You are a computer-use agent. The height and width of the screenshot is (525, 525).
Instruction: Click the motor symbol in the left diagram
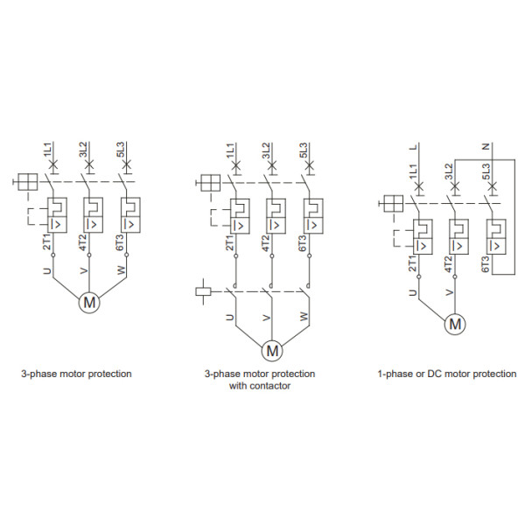pos(88,303)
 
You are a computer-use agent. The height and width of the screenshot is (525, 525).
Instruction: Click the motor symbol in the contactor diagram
pos(272,350)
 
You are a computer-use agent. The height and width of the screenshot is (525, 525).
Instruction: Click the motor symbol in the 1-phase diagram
pos(455,324)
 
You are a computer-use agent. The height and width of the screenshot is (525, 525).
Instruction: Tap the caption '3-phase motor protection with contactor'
pos(259,380)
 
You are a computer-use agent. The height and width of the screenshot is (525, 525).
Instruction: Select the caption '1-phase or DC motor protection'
pos(446,374)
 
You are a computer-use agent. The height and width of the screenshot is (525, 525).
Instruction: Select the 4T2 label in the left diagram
pos(84,242)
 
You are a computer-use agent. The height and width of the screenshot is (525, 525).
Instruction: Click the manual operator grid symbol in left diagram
pos(27,183)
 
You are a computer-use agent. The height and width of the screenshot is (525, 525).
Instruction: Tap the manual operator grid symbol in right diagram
pos(392,205)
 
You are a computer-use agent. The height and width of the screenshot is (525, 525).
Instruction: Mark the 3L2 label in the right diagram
pos(448,171)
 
